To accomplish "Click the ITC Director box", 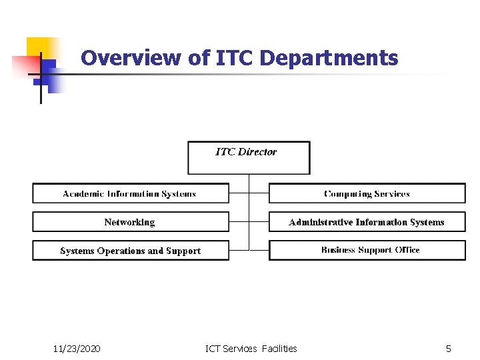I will tap(249, 158).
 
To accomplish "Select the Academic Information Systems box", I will tap(130, 193).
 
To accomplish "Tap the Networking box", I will tap(130, 222).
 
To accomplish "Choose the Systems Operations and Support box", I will tap(130, 251).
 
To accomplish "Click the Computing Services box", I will tap(367, 193).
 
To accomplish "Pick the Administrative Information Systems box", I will tap(367, 222).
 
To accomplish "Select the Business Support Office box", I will tap(367, 250).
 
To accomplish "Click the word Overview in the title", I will tap(131, 58).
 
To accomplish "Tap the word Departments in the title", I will tap(329, 58).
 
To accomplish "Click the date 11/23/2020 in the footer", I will tap(77, 348).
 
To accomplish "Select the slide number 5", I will tap(449, 348).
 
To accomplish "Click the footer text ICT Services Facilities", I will tap(251, 348).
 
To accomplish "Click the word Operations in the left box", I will tap(121, 251).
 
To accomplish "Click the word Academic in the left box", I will tap(83, 193).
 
